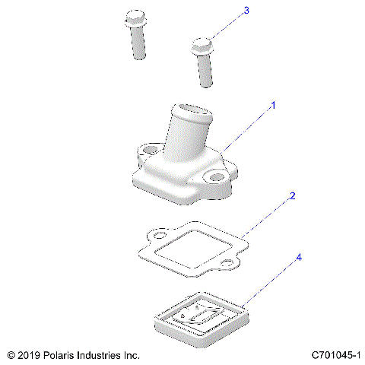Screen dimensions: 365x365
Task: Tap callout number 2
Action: click(292, 195)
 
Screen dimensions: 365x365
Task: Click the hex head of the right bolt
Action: click(201, 45)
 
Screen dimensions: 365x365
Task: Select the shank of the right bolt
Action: click(205, 72)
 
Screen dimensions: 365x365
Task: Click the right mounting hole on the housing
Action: click(219, 177)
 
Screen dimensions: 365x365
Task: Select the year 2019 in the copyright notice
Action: click(29, 355)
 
